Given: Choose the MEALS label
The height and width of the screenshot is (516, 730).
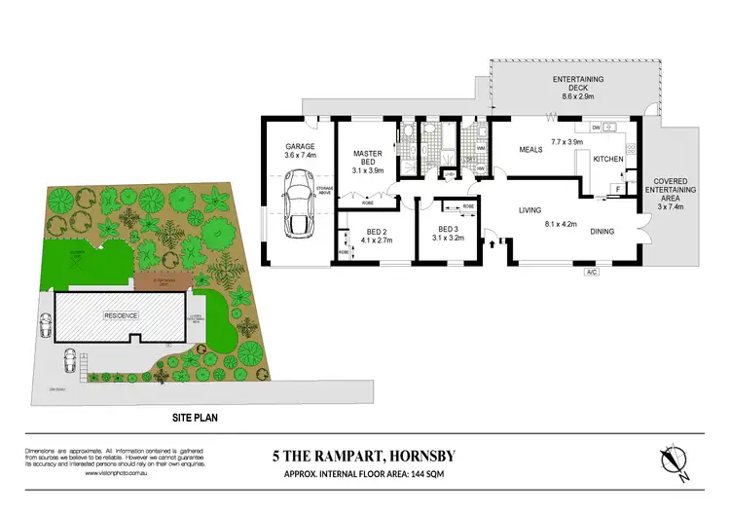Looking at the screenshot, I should [x=531, y=150].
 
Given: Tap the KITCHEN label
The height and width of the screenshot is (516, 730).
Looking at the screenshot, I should [x=608, y=159].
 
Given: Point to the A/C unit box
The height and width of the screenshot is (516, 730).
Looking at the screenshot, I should [x=590, y=272].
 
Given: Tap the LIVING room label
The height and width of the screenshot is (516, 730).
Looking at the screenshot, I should [x=529, y=210].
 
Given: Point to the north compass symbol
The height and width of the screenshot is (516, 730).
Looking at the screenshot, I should [x=673, y=461].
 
